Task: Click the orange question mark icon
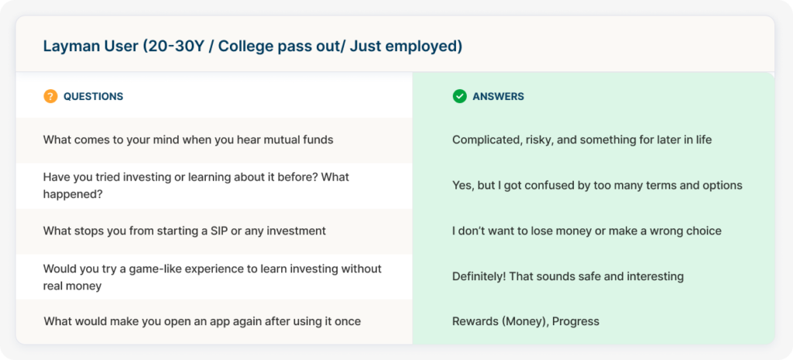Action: (x=50, y=96)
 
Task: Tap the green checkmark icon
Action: (x=459, y=96)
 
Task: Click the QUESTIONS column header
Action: (x=93, y=97)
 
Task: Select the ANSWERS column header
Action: (x=498, y=97)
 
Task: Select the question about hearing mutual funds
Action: (x=188, y=140)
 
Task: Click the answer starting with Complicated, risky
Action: (x=582, y=140)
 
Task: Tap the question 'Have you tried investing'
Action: (x=196, y=186)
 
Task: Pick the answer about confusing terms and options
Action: (x=597, y=186)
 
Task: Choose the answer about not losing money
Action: (x=587, y=231)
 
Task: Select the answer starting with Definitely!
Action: (x=568, y=276)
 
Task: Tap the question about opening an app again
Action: (x=202, y=321)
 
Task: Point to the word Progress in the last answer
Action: (x=575, y=321)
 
